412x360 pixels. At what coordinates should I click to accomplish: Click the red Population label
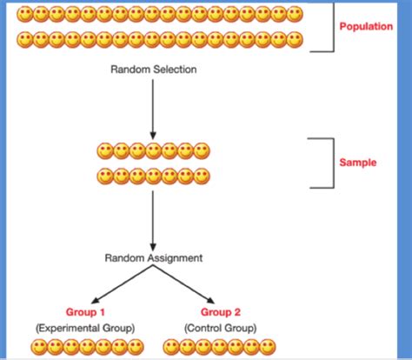click(366, 27)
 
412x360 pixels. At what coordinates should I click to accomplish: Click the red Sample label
click(358, 162)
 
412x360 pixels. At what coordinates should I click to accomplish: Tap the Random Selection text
click(153, 69)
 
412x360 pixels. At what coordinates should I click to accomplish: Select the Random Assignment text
click(154, 258)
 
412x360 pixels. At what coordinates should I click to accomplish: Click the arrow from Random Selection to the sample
click(153, 106)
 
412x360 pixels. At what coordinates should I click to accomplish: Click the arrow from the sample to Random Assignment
click(153, 219)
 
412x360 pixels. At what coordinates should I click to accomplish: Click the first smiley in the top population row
click(26, 15)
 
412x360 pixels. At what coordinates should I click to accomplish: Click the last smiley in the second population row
click(296, 39)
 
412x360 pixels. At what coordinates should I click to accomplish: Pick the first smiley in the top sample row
click(105, 150)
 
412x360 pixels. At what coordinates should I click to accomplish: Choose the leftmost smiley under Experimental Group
click(39, 349)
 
